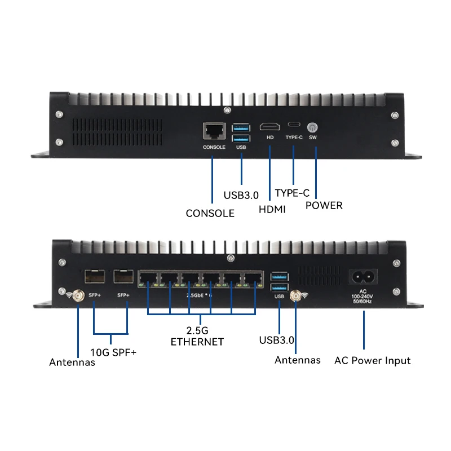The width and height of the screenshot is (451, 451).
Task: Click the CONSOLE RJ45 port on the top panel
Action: pyautogui.click(x=214, y=132)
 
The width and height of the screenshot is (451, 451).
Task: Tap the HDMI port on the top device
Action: pyautogui.click(x=269, y=127)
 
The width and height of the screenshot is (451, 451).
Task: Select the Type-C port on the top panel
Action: pyautogui.click(x=294, y=125)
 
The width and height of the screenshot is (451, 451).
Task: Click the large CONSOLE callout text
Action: pyautogui.click(x=210, y=213)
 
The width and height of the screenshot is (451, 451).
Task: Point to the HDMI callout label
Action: pyautogui.click(x=272, y=209)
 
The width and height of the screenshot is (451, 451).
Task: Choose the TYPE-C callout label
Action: pyautogui.click(x=293, y=193)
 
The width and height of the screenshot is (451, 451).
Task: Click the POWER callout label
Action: pyautogui.click(x=324, y=205)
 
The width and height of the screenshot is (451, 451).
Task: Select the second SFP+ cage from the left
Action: pyautogui.click(x=122, y=277)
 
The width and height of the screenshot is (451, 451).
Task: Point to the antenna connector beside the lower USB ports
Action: pyautogui.click(x=294, y=295)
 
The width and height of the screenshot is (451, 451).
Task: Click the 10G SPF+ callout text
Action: pyautogui.click(x=114, y=353)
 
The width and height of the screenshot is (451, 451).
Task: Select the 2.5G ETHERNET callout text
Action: pyautogui.click(x=197, y=336)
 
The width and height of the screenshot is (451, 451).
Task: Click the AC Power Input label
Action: pyautogui.click(x=372, y=360)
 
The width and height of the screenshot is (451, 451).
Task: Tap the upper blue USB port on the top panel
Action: pyautogui.click(x=241, y=127)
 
